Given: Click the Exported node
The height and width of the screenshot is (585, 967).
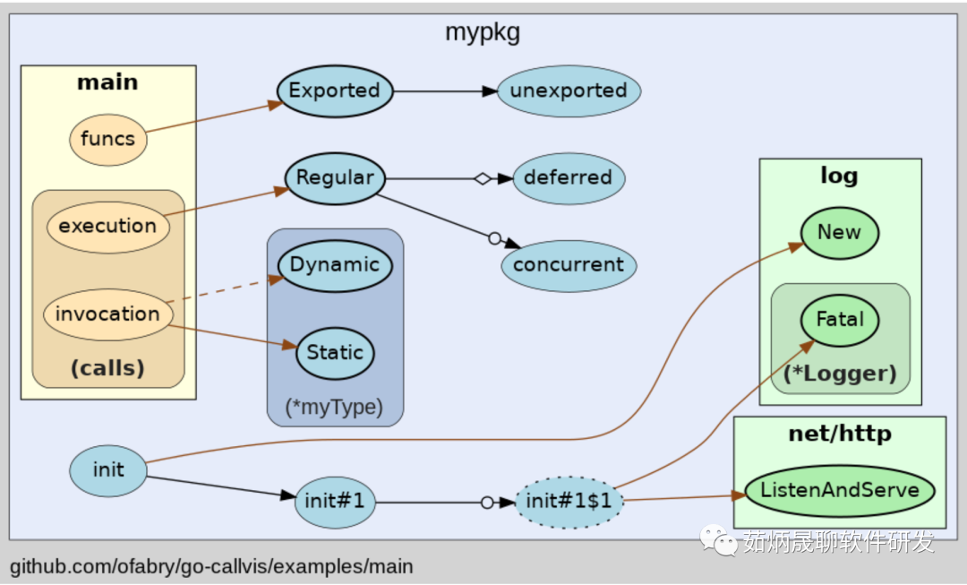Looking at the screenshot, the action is pyautogui.click(x=335, y=91).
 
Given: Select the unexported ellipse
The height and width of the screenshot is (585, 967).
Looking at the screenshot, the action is pyautogui.click(x=569, y=91).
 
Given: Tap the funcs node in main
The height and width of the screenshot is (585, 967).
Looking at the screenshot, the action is pyautogui.click(x=108, y=140).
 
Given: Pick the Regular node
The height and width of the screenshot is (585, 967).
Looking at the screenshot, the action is pyautogui.click(x=335, y=178).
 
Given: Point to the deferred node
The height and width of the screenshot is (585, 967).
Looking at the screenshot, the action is pyautogui.click(x=569, y=178).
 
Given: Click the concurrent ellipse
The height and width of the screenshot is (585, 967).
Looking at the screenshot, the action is pyautogui.click(x=569, y=266).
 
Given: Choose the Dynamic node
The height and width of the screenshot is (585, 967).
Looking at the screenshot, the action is pyautogui.click(x=335, y=266).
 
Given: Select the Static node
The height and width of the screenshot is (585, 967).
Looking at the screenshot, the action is pyautogui.click(x=335, y=353).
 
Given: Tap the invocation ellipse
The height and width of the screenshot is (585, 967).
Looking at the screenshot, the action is pyautogui.click(x=108, y=314).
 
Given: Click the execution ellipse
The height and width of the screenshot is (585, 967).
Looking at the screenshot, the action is pyautogui.click(x=108, y=227).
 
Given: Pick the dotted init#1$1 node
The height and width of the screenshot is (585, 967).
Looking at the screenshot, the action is pyautogui.click(x=569, y=503).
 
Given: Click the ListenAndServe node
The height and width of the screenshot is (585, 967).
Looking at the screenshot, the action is pyautogui.click(x=840, y=491).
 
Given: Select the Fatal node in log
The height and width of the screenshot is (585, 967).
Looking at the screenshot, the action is pyautogui.click(x=840, y=320).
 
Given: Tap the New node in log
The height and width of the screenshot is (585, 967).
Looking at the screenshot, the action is pyautogui.click(x=840, y=233).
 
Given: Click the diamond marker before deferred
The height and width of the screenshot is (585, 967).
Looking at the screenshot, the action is pyautogui.click(x=483, y=179).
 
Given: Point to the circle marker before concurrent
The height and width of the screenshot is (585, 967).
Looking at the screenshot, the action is pyautogui.click(x=494, y=238).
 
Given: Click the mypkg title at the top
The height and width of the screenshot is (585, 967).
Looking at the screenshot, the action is pyautogui.click(x=483, y=32).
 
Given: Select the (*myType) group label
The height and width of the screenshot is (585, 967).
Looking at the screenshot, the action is pyautogui.click(x=334, y=408).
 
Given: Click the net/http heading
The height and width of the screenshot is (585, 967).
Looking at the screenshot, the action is pyautogui.click(x=840, y=434).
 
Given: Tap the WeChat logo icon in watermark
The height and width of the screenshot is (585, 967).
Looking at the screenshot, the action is pyautogui.click(x=718, y=540).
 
